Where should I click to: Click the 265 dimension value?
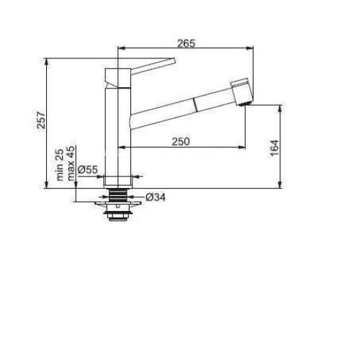tap(186, 43)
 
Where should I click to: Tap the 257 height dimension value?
tap(41, 120)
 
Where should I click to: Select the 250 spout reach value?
tap(181, 142)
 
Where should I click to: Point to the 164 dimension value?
tap(274, 148)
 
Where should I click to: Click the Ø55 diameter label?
tap(88, 170)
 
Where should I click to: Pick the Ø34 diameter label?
tap(156, 197)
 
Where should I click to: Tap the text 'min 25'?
tap(60, 165)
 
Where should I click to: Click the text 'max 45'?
tap(71, 163)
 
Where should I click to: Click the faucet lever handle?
tap(153, 64)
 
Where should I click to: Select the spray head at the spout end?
tap(242, 92)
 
